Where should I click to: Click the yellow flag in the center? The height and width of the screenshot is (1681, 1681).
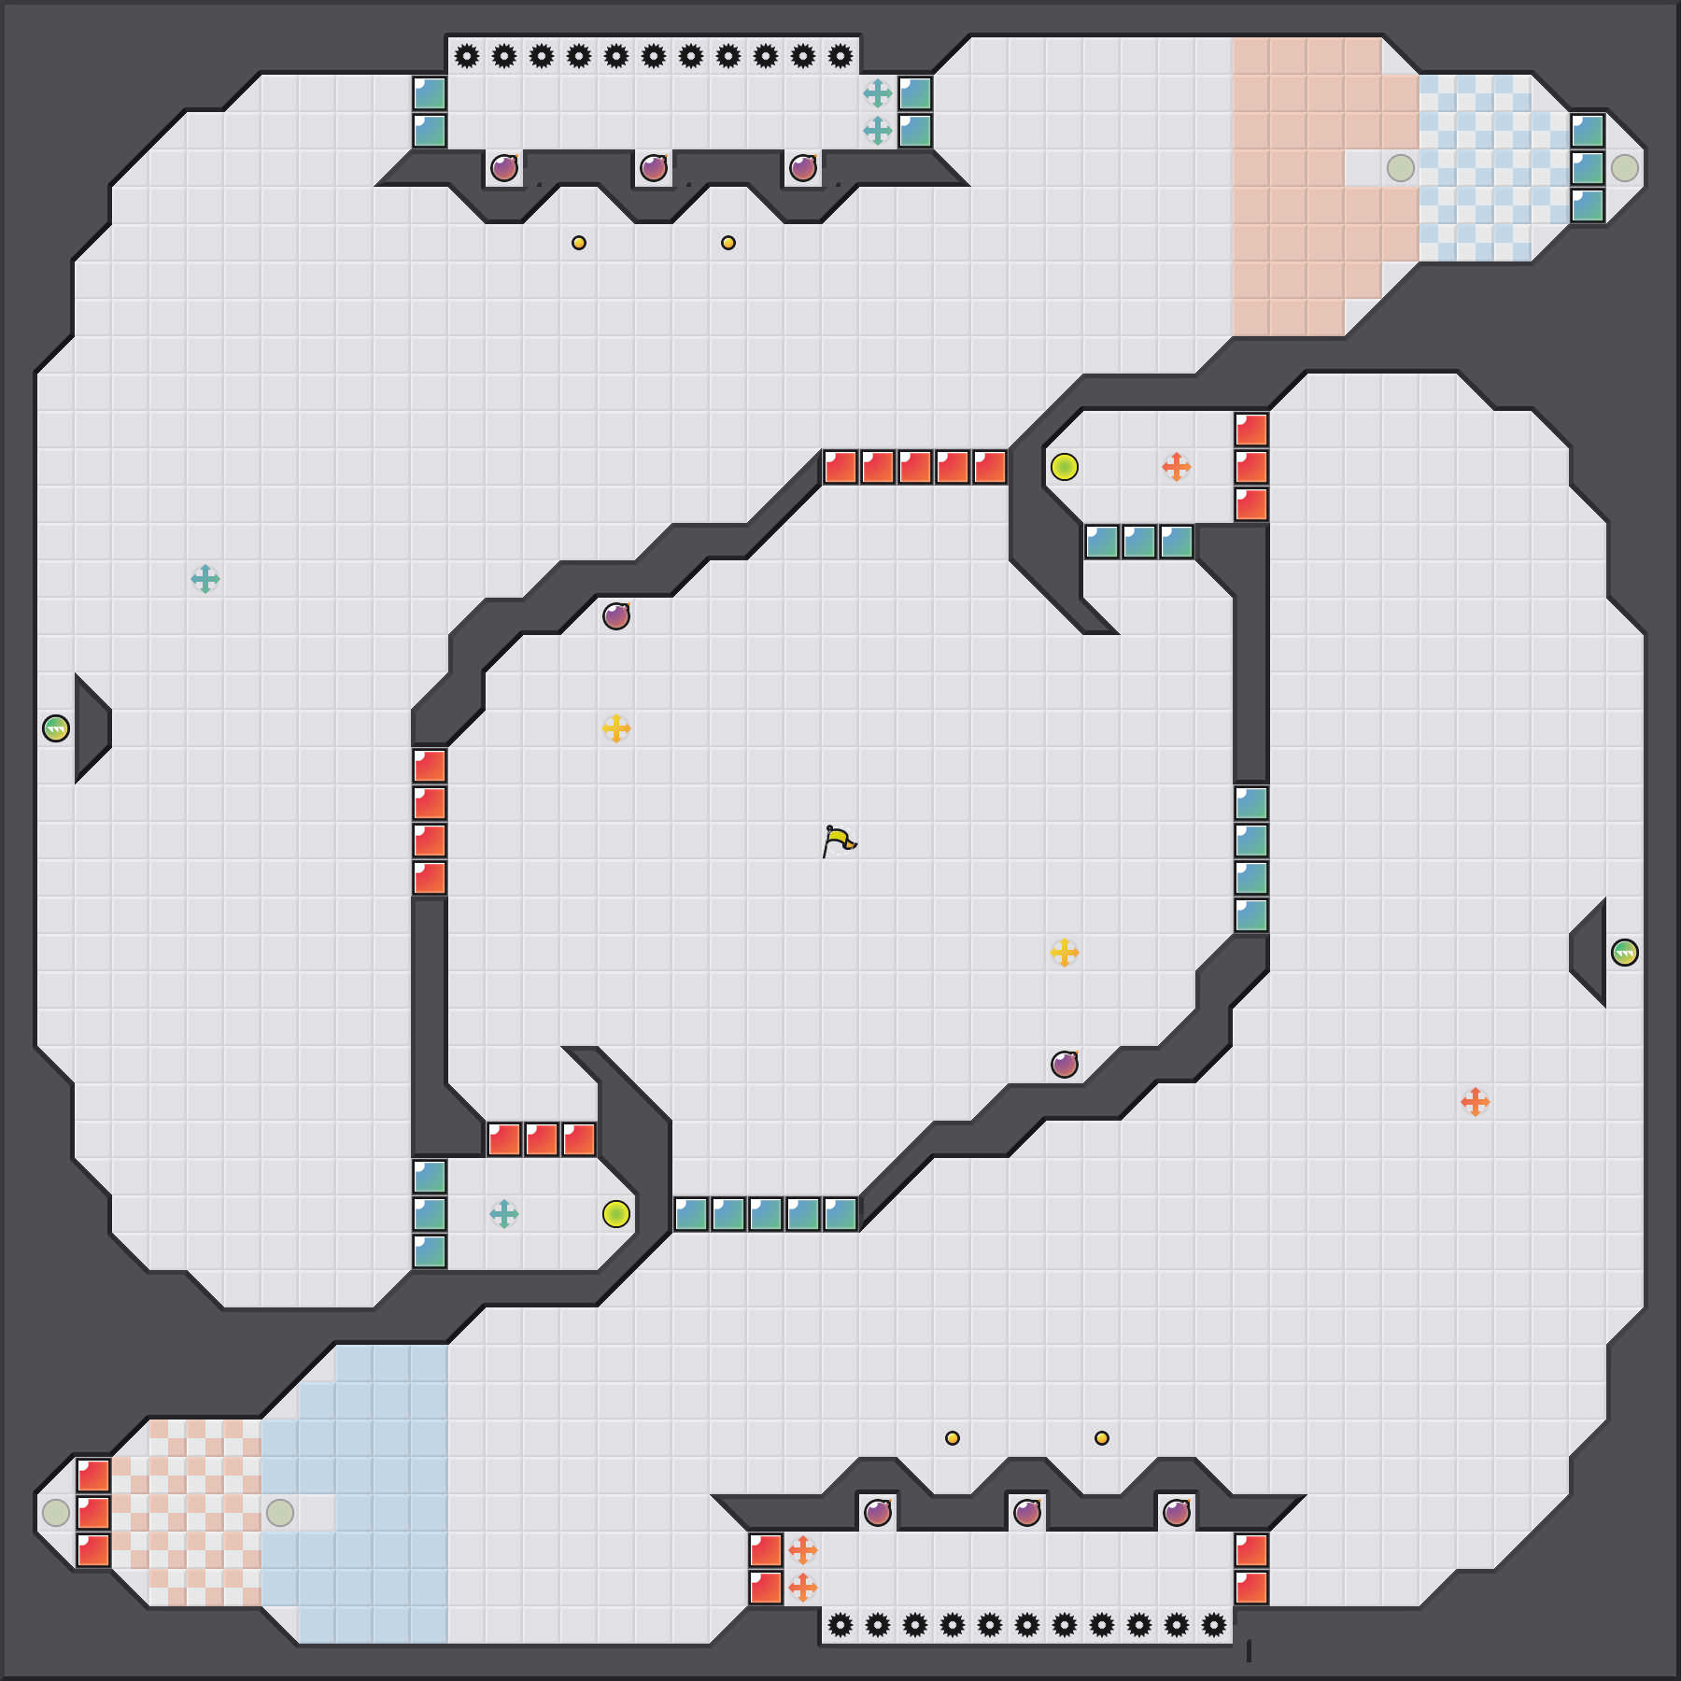839,840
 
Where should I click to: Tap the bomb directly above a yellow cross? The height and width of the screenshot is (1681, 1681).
616,616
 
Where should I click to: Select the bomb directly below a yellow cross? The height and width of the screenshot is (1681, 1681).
1065,1065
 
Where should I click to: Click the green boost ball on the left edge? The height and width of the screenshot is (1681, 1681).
56,728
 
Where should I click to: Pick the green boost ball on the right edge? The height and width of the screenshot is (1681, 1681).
1625,953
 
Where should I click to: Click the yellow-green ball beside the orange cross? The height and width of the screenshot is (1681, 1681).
1065,467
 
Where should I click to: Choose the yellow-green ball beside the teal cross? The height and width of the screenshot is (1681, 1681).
616,1214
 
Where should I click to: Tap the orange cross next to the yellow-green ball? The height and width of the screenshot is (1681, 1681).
1177,467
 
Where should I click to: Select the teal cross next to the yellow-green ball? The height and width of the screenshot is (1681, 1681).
504,1214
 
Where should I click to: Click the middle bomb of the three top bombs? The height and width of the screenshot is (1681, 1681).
654,168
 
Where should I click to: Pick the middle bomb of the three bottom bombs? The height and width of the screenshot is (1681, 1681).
1027,1513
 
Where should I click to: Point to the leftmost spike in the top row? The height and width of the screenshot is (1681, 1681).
467,56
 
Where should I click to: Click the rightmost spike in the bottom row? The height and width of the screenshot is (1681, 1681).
1214,1625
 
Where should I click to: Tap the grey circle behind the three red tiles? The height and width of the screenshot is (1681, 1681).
56,1513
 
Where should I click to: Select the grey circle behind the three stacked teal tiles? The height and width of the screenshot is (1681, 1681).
1625,168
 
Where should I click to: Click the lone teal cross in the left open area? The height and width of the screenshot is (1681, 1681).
205,579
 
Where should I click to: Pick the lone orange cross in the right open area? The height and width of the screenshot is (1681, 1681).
1476,1102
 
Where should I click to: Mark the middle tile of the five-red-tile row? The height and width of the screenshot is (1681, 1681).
915,467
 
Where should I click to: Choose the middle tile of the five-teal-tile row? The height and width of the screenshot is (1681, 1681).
766,1214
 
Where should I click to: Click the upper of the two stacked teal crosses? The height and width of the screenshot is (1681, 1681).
878,93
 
